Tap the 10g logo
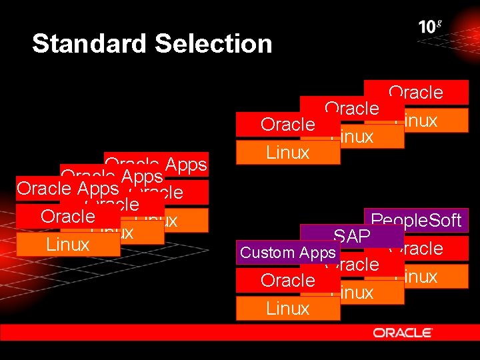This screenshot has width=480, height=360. [430, 27]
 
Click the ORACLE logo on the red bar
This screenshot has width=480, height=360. [403, 332]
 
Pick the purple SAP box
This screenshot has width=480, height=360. [351, 235]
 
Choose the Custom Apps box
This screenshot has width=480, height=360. [287, 253]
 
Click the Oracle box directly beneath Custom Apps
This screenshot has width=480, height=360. [287, 280]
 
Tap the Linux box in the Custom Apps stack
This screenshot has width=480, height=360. [287, 308]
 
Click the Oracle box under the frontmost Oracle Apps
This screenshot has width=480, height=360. [67, 216]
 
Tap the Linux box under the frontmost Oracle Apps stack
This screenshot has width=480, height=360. [68, 244]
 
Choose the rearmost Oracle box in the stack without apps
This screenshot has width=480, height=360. [416, 92]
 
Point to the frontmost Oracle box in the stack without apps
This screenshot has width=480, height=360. [287, 125]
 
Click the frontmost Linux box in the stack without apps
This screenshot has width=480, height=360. [287, 153]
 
